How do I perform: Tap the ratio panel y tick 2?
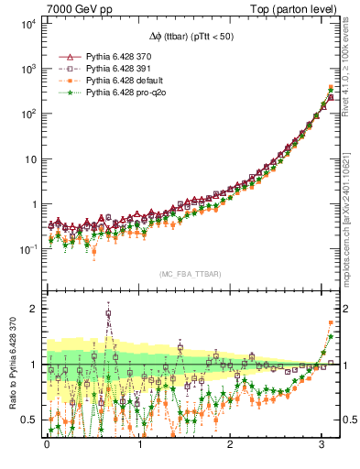coord(36,309)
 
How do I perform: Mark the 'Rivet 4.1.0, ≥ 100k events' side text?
coord(348,64)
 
